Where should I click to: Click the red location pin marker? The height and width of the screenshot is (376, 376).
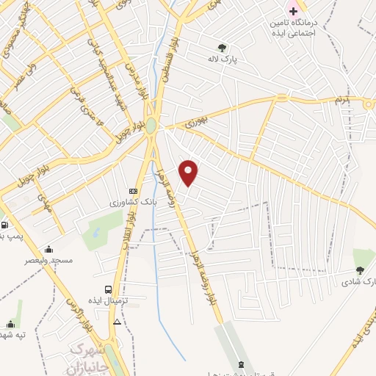189,172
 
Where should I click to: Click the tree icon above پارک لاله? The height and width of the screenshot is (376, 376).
222,47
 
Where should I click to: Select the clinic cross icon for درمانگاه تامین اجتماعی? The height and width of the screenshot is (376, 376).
293,11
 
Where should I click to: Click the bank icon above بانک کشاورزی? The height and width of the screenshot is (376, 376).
133,190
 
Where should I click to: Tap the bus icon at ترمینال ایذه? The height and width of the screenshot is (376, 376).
109,289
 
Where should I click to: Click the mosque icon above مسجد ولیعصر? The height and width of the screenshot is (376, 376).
48,249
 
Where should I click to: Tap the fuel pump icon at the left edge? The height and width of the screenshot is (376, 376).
4,225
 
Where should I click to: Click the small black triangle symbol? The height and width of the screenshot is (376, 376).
117,322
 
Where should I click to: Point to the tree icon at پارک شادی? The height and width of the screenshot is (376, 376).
359,270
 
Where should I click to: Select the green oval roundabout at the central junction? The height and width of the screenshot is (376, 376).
151,126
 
